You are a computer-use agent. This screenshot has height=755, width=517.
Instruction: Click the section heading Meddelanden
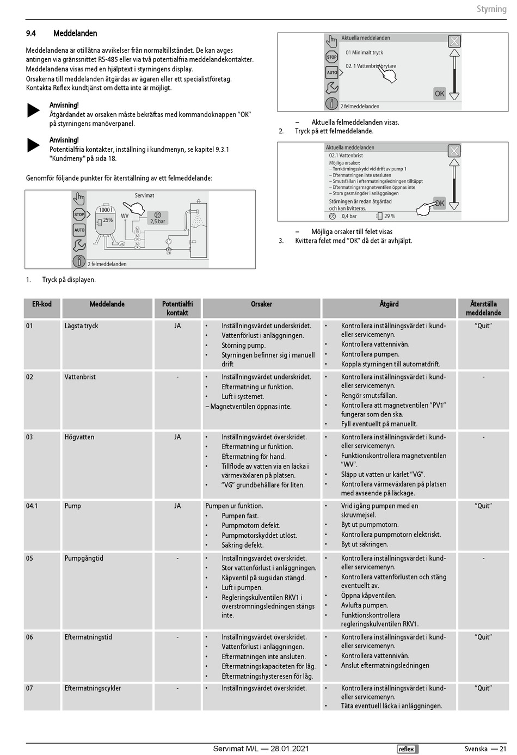point(75,33)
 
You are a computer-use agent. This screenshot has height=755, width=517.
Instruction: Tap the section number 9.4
point(31,33)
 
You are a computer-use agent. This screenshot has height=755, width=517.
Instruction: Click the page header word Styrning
point(491,9)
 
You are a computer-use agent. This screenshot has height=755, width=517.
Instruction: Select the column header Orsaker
point(261,304)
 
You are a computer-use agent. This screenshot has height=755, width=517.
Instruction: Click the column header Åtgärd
point(389,304)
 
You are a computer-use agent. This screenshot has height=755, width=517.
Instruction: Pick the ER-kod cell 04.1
point(32,506)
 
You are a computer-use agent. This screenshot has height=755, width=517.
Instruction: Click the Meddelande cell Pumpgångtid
point(84,558)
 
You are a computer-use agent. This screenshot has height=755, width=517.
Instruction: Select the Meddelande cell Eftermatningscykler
point(93,688)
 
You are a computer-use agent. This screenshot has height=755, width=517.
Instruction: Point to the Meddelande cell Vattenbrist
point(80,377)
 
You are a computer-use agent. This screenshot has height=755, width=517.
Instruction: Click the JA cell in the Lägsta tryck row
point(177,326)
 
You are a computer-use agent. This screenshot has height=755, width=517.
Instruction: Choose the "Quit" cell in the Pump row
point(483,506)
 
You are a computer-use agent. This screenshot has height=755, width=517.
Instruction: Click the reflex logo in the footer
point(407,748)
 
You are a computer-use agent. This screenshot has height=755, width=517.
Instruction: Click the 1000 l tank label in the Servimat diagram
point(106,210)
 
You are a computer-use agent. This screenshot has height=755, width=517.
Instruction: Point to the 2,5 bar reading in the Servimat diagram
point(158,222)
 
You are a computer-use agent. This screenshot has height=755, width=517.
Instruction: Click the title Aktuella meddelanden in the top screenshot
point(365,38)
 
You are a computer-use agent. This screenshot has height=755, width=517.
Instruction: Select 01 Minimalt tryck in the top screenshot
point(364,53)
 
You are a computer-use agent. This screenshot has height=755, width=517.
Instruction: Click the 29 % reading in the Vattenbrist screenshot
point(390,216)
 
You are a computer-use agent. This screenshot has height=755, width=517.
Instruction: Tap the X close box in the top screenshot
point(454,41)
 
